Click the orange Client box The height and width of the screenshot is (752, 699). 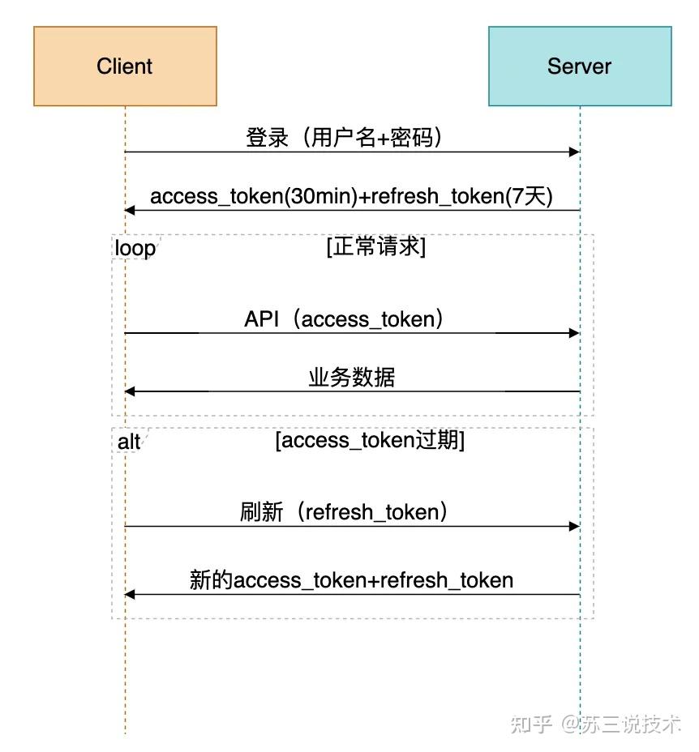tap(125, 66)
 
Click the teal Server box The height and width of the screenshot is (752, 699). tap(579, 66)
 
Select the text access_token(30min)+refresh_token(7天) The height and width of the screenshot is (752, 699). tap(351, 197)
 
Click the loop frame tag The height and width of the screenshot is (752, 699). tap(134, 248)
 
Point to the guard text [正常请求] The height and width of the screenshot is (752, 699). tap(375, 246)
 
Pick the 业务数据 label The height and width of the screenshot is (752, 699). tap(351, 378)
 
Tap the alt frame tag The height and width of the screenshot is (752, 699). tap(129, 442)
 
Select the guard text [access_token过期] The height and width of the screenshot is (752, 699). tap(370, 440)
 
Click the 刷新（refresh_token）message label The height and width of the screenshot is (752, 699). tap(345, 512)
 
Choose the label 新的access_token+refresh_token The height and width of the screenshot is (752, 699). tap(351, 580)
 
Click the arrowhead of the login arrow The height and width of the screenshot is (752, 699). tap(575, 152)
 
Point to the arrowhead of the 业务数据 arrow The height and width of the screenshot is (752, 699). tap(130, 391)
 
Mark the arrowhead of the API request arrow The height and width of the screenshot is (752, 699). tap(575, 333)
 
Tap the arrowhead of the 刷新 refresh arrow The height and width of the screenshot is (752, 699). tap(575, 526)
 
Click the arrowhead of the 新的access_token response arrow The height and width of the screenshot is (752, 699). tap(130, 595)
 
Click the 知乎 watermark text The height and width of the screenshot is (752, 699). tap(532, 724)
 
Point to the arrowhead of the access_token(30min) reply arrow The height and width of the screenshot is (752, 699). tap(130, 211)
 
